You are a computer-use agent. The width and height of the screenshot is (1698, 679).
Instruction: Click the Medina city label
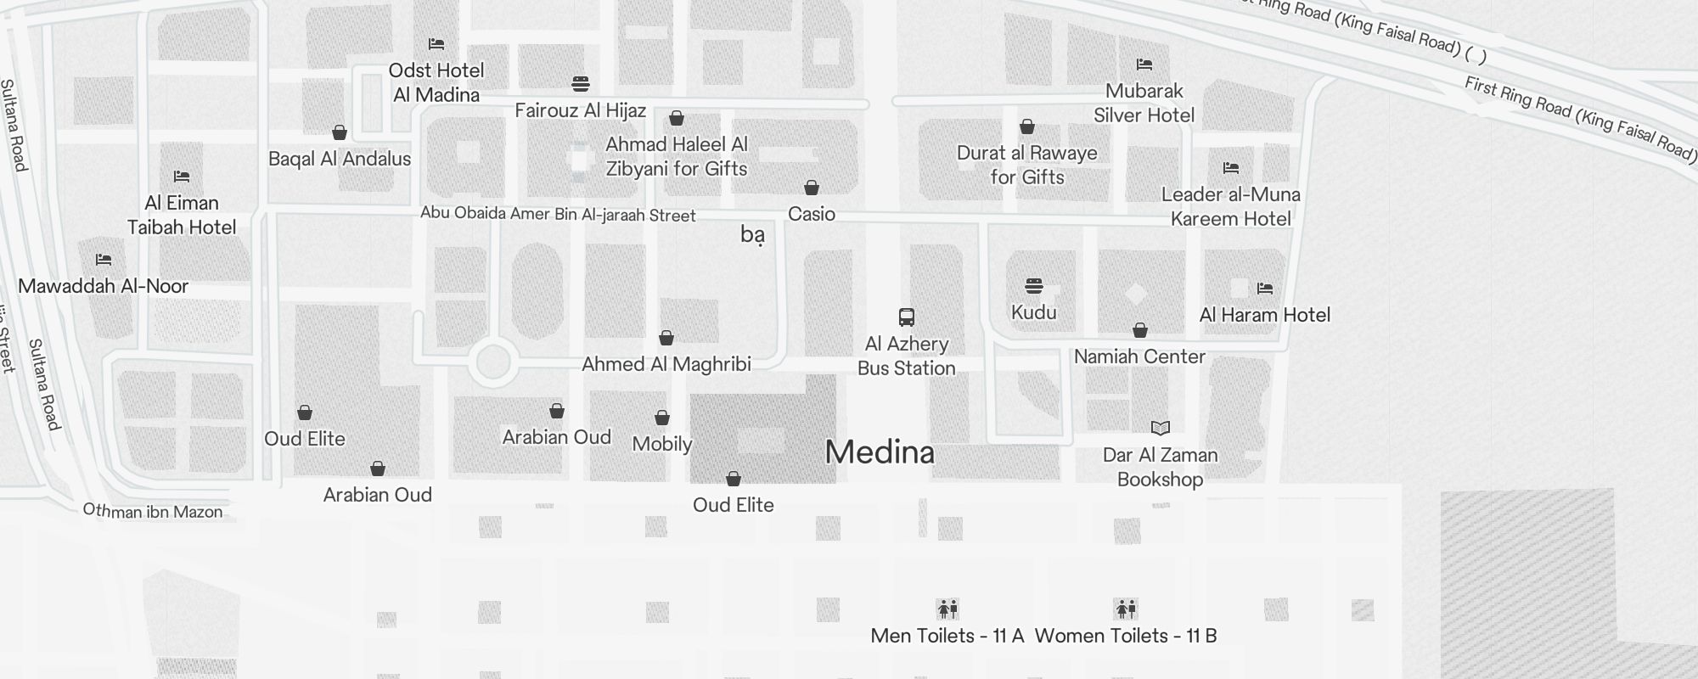tap(880, 452)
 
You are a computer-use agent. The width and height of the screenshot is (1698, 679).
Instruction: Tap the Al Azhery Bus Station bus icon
tap(907, 317)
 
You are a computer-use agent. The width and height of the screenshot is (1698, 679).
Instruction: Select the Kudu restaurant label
tap(1033, 312)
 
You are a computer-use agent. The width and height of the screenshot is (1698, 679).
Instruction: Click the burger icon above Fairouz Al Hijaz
tap(581, 84)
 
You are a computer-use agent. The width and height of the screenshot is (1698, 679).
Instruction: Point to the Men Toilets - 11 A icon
tap(947, 609)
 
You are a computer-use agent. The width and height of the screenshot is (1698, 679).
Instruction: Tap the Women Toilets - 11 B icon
tap(1126, 609)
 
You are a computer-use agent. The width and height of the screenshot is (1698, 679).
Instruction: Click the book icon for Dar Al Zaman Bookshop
tap(1160, 428)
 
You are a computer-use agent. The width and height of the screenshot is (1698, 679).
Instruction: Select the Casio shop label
tap(812, 214)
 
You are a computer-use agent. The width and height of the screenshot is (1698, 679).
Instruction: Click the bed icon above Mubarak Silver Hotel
tap(1144, 65)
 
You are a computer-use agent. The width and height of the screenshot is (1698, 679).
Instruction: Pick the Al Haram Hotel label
tap(1264, 315)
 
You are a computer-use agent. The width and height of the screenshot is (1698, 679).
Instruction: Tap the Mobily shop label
tap(662, 444)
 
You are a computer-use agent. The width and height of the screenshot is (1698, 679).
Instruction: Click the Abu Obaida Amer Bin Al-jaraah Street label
tap(558, 214)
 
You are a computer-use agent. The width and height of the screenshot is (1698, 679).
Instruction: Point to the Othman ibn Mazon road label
tap(153, 511)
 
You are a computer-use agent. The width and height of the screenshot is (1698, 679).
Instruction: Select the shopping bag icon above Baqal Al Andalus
tap(340, 132)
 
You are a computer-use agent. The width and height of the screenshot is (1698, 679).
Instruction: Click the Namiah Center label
tap(1139, 356)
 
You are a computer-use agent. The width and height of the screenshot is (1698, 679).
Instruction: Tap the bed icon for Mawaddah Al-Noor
tap(104, 260)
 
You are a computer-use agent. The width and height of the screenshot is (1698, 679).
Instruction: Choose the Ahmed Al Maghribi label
tap(666, 364)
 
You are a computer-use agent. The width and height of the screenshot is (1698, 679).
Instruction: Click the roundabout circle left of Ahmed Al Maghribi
tap(492, 362)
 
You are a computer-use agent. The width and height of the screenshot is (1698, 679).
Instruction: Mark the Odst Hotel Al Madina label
tap(436, 82)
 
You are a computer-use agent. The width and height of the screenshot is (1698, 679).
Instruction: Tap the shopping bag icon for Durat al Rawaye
tap(1027, 127)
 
